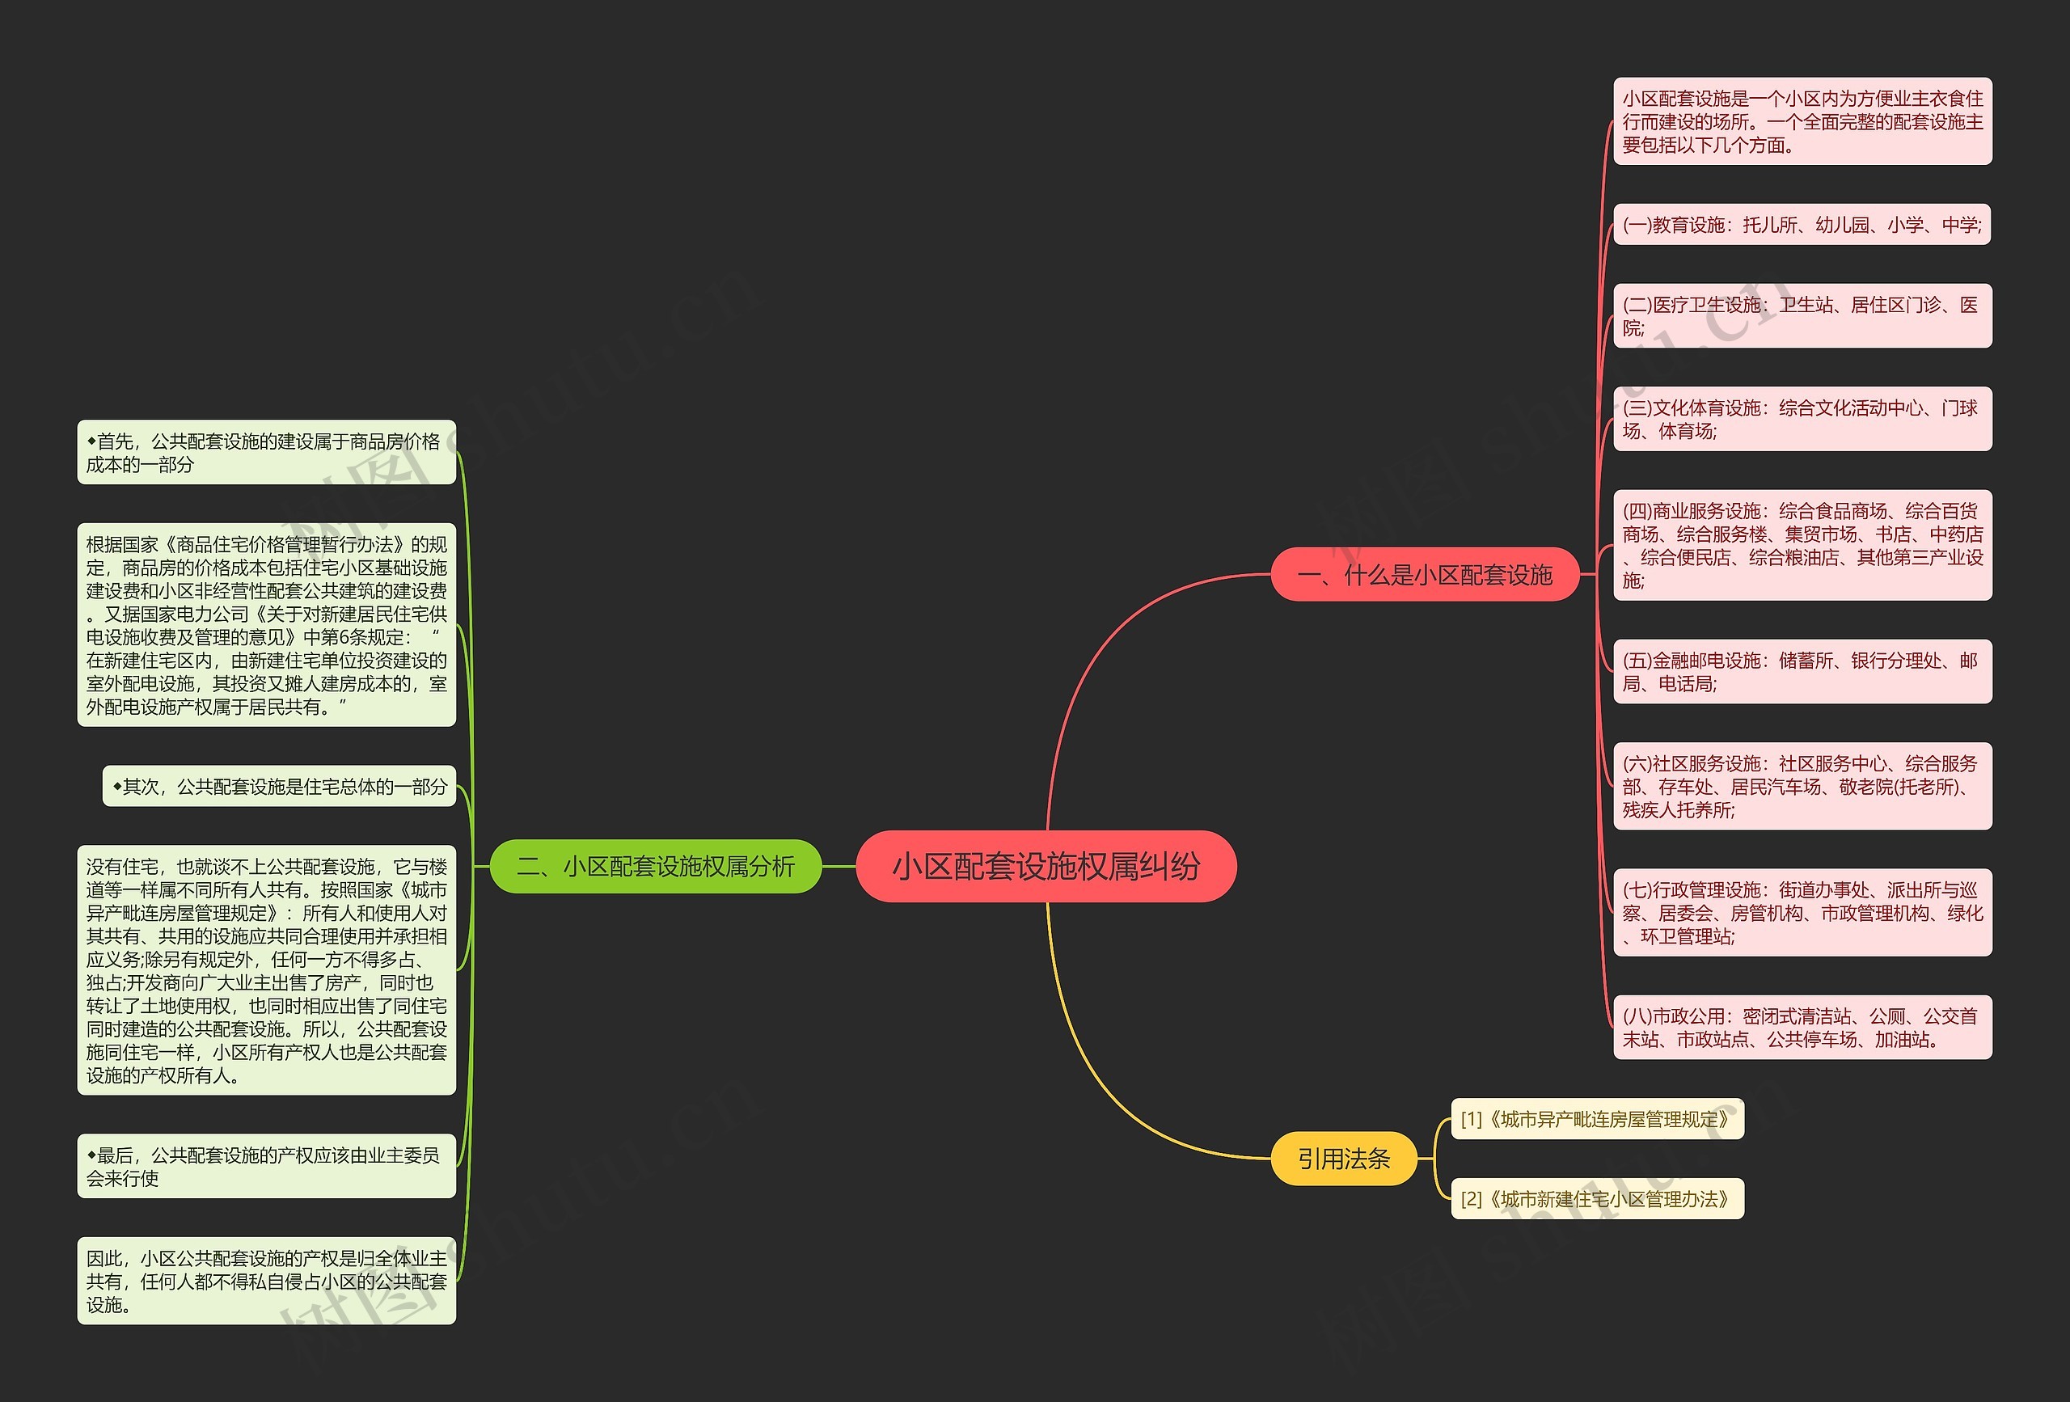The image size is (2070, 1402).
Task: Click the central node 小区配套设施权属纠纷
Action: pos(1046,866)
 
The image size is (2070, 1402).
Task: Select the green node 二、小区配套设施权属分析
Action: pos(656,866)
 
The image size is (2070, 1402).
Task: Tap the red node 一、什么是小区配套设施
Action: pos(1425,575)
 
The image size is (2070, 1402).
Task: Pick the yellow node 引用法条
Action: pos(1343,1158)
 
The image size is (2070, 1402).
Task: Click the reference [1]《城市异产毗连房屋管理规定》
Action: pos(1597,1119)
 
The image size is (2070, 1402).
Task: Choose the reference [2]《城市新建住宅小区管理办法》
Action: pos(1597,1199)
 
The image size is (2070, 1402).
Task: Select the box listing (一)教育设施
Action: pos(1802,225)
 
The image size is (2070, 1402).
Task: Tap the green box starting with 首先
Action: pos(266,453)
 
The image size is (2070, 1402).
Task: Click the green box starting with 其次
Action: pos(279,786)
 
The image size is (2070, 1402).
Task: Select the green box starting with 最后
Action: pos(266,1166)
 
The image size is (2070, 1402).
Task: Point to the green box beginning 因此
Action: pos(266,1281)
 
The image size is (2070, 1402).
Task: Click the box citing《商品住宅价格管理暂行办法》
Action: pos(266,625)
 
